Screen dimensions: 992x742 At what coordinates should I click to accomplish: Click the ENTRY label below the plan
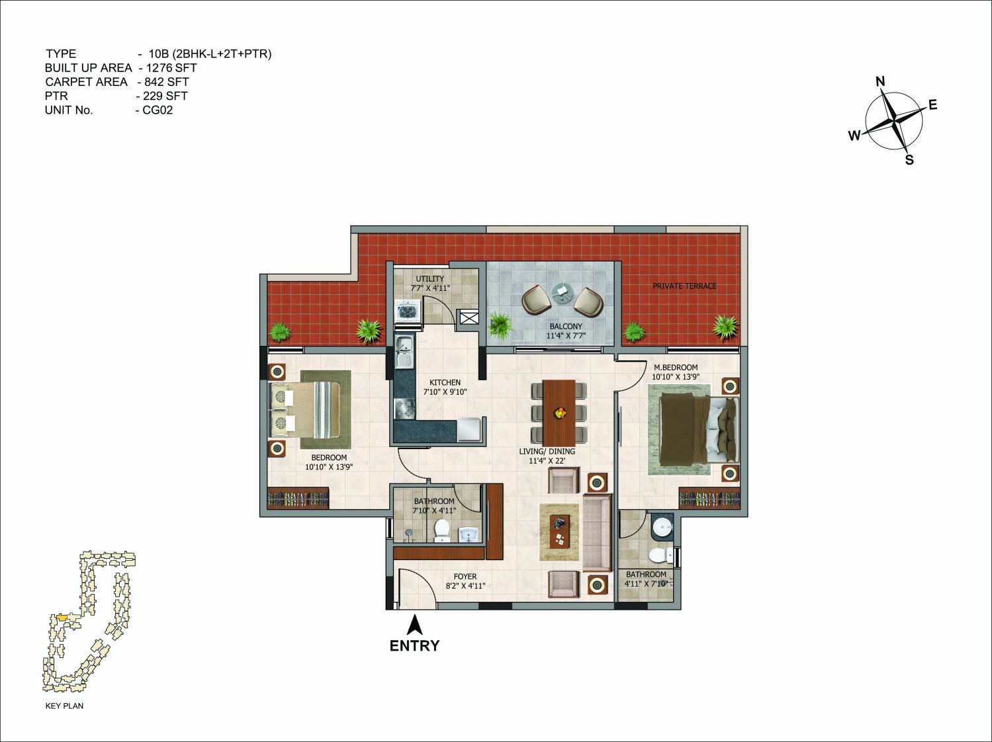coord(414,646)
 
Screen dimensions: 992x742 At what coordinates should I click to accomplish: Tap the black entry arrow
coord(414,626)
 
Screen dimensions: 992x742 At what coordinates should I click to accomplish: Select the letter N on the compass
coord(880,82)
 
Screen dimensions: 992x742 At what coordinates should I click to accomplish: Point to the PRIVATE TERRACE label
coord(684,286)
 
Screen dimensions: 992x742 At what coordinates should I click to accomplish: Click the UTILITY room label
coord(429,278)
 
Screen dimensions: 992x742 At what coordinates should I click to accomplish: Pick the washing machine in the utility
coord(408,311)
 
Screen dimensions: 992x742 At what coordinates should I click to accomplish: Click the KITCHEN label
coord(445,382)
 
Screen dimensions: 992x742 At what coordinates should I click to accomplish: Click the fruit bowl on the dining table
coord(560,412)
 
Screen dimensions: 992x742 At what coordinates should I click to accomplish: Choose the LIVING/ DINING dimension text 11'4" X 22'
coord(547,461)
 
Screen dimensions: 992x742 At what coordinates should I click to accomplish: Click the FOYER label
coord(465,577)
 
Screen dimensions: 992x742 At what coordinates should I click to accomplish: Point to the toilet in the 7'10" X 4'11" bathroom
coord(441,530)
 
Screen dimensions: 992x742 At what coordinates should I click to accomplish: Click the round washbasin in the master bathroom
coord(664,527)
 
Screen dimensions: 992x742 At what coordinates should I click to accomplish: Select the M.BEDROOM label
coord(676,368)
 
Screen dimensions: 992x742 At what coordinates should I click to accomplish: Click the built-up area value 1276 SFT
coord(171,68)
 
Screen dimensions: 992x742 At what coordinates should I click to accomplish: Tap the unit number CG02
coord(158,110)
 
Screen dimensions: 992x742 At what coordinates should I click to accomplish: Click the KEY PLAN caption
coord(64,706)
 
